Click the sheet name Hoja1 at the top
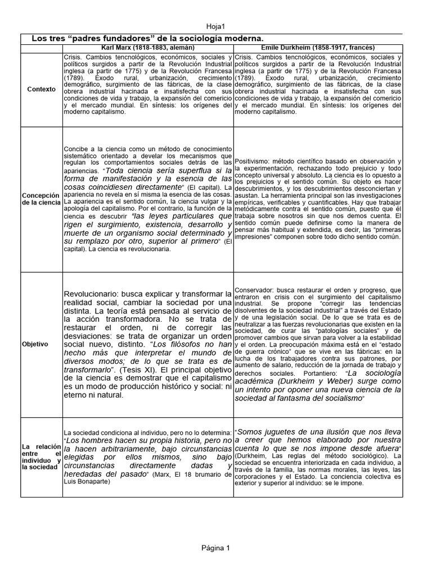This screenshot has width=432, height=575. point(216,26)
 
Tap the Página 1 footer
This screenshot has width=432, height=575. point(216,547)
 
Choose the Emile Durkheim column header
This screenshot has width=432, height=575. point(318,48)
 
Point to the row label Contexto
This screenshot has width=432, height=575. point(42,89)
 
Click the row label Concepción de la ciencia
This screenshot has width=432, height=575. point(42,198)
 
